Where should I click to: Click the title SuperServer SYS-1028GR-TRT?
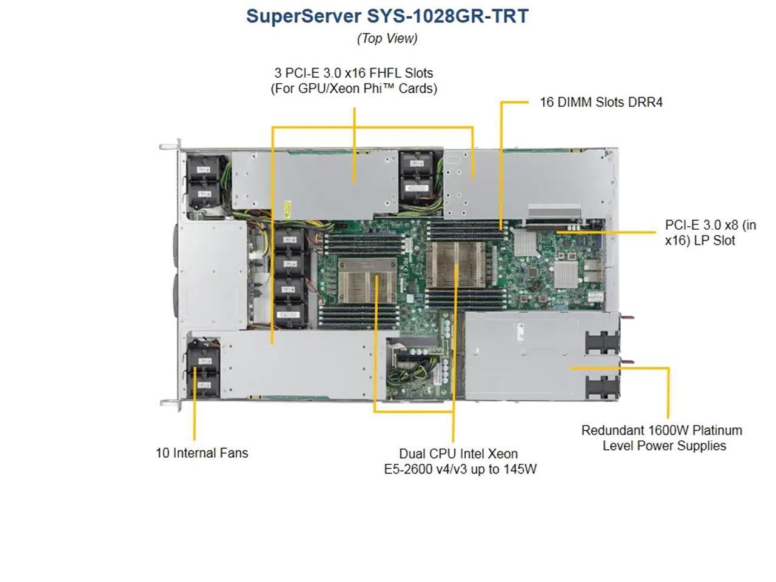point(387,16)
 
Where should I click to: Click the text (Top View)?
point(387,38)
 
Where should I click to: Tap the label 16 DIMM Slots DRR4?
point(601,102)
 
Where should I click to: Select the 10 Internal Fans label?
point(202,453)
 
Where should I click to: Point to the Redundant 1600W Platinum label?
point(661,430)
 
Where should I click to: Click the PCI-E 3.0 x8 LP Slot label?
point(710,233)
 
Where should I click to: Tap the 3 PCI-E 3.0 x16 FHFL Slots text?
point(353,73)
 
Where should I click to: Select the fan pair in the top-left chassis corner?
point(204,182)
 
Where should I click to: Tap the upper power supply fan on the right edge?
point(602,340)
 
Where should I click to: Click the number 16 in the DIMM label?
point(547,102)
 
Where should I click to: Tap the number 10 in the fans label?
point(162,453)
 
